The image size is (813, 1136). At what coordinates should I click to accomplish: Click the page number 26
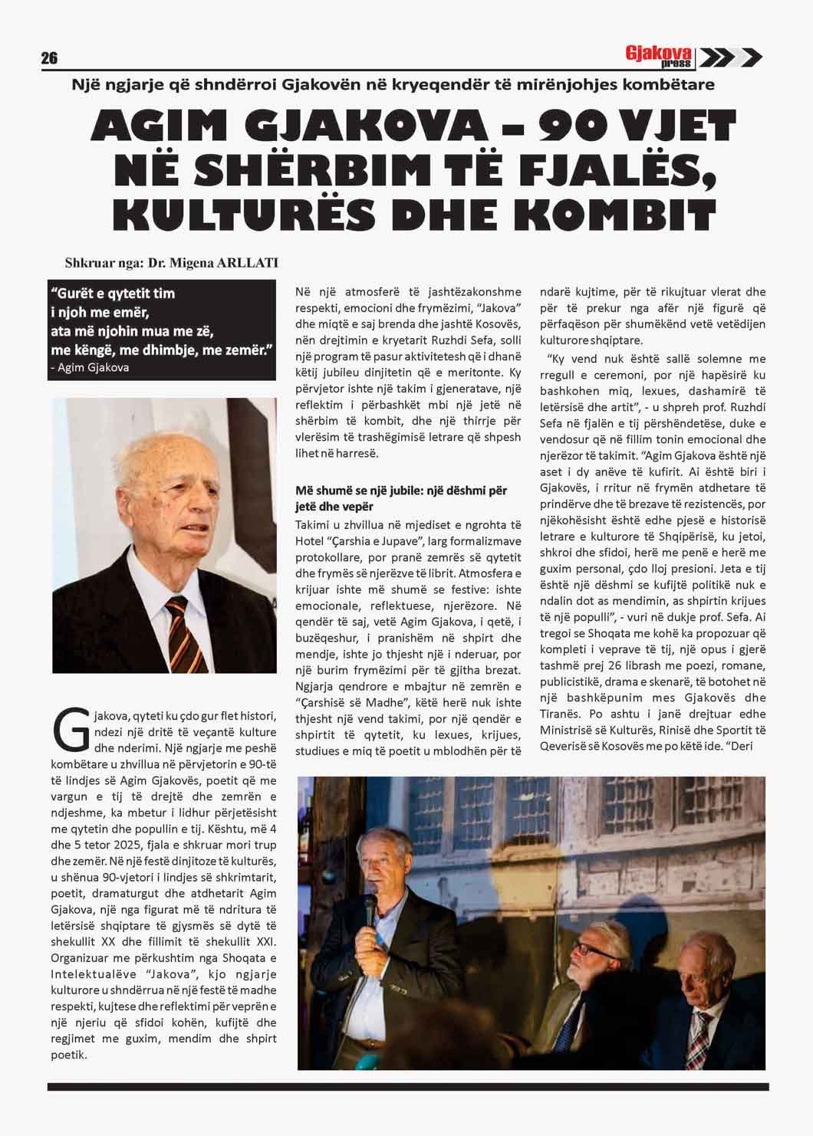49,58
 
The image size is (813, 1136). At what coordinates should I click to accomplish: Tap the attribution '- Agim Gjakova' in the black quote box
90,367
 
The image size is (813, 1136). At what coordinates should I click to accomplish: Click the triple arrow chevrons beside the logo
732,57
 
